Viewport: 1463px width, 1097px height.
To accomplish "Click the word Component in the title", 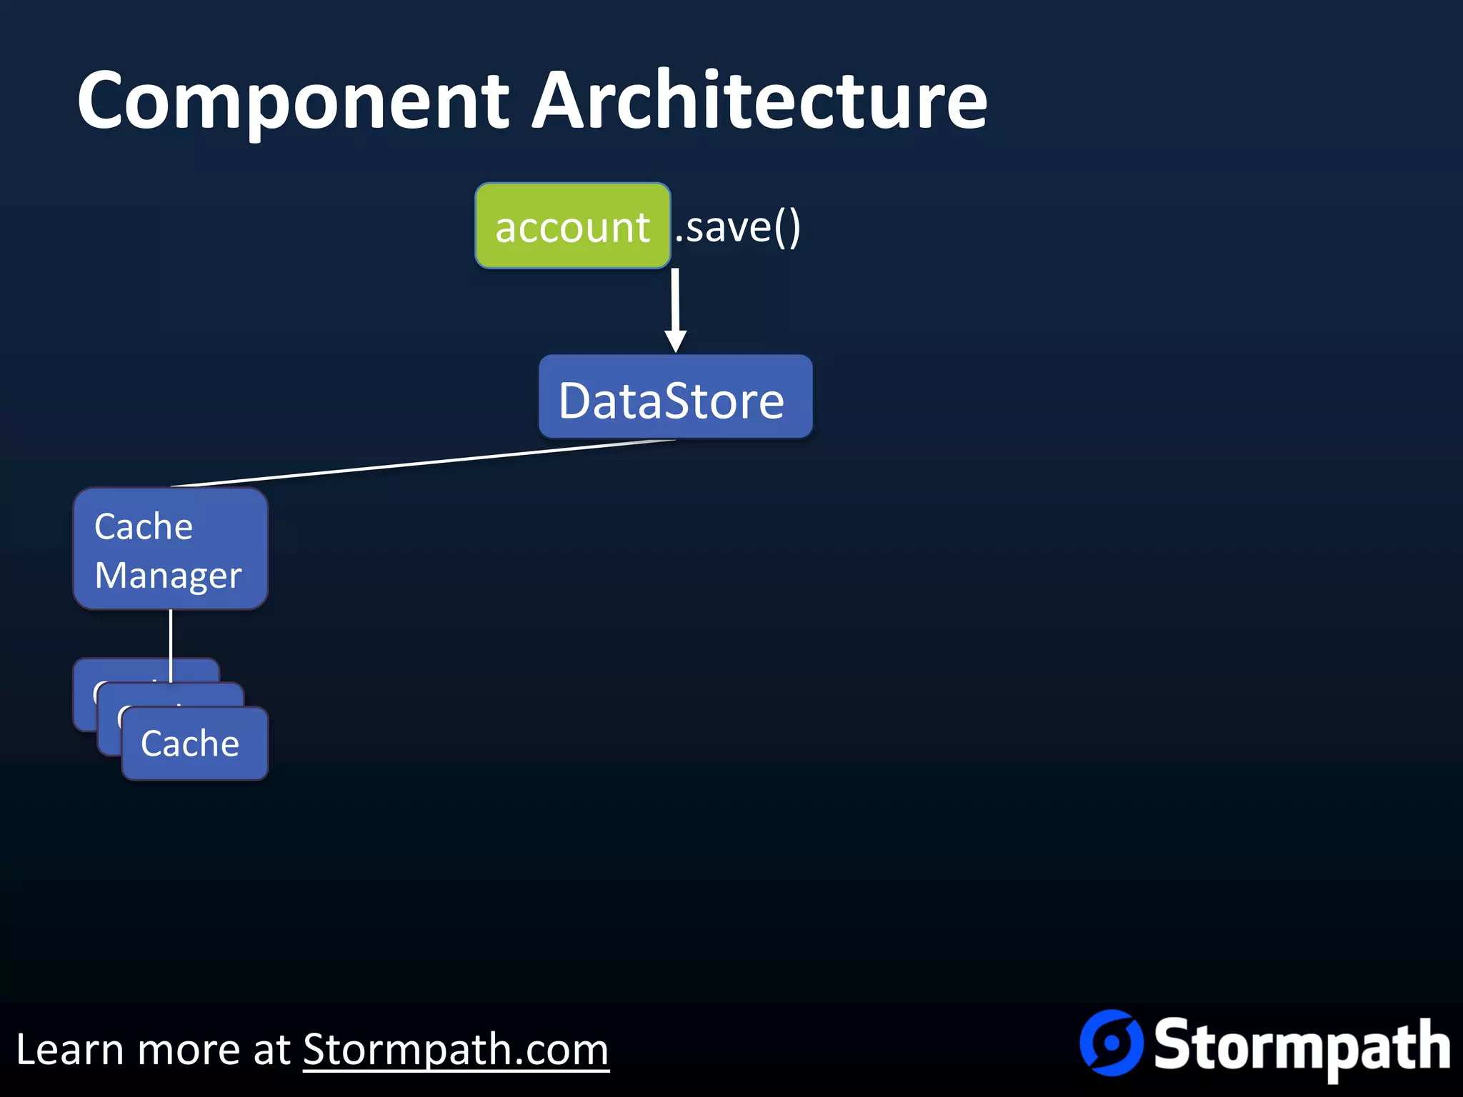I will pos(293,102).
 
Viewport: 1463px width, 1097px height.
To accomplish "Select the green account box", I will pos(572,226).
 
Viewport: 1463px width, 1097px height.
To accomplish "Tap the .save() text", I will pos(738,228).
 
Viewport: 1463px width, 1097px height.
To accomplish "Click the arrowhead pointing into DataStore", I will pos(675,341).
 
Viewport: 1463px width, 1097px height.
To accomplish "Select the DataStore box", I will pos(675,397).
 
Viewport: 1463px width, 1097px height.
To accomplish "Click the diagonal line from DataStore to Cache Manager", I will pos(421,463).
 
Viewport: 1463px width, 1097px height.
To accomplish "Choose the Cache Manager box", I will pos(170,548).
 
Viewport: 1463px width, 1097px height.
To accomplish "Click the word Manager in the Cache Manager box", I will pos(168,576).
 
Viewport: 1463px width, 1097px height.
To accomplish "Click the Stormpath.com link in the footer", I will pos(456,1050).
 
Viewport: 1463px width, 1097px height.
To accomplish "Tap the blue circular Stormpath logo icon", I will pos(1111,1043).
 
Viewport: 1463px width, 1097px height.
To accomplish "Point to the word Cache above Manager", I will pos(144,527).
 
